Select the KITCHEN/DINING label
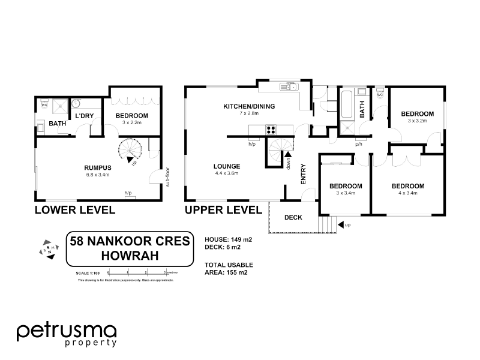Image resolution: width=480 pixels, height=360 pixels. pyautogui.click(x=249, y=106)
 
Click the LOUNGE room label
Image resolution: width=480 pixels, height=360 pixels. pyautogui.click(x=226, y=166)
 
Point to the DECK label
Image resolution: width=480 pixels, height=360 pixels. pyautogui.click(x=293, y=217)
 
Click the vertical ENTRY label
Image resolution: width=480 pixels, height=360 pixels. pyautogui.click(x=304, y=173)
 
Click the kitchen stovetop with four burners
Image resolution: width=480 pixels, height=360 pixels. pyautogui.click(x=271, y=128)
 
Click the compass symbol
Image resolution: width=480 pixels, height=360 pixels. pyautogui.click(x=48, y=249)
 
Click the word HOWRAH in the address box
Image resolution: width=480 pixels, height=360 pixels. pyautogui.click(x=130, y=256)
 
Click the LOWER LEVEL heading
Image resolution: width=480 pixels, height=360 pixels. pyautogui.click(x=75, y=210)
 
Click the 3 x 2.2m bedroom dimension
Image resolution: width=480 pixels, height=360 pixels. pyautogui.click(x=127, y=122)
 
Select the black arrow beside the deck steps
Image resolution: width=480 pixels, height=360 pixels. pyautogui.click(x=341, y=224)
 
